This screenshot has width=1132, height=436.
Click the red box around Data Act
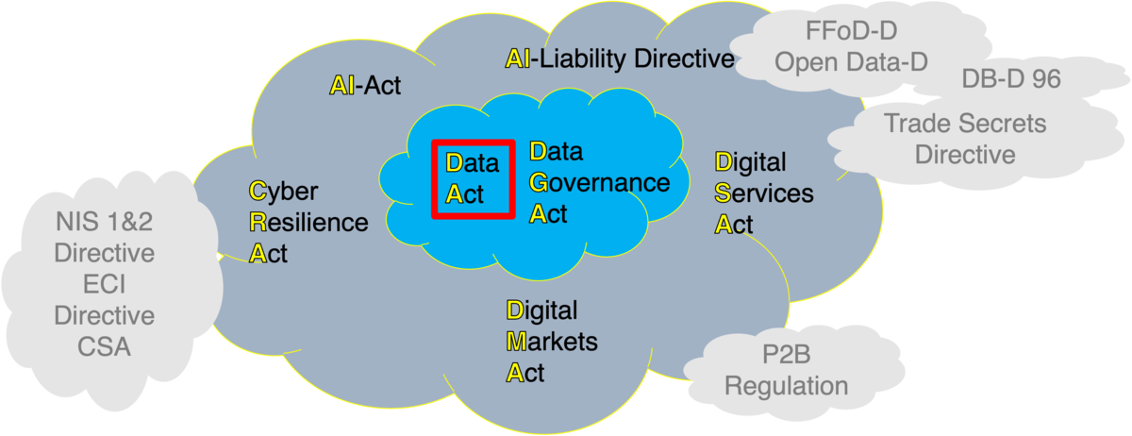(474, 178)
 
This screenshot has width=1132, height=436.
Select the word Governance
(600, 182)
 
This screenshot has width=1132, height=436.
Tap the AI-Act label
(365, 86)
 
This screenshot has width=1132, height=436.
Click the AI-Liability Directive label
(619, 59)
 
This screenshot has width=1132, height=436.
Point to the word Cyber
(284, 192)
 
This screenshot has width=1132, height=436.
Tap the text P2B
(786, 356)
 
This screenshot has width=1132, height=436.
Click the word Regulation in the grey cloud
(786, 386)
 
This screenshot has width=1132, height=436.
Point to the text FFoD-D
(850, 30)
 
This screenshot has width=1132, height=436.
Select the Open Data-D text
(850, 61)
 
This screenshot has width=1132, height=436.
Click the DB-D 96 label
(1011, 79)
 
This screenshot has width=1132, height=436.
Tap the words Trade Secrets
(965, 123)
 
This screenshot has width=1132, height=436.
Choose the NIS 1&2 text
(104, 224)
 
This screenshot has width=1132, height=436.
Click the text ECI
(104, 285)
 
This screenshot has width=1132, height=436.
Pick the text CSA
(104, 346)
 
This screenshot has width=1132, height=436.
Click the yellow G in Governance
(539, 182)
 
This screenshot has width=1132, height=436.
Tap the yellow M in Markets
(516, 341)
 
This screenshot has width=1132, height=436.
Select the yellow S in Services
(723, 193)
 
